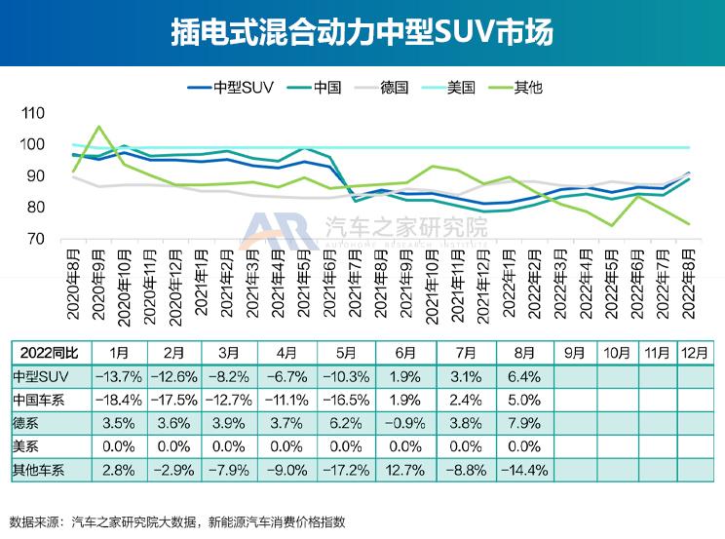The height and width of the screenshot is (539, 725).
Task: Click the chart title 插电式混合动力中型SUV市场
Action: click(x=362, y=32)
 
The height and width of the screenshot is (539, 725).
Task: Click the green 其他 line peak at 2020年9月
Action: click(x=98, y=127)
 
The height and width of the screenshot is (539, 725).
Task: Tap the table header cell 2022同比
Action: click(x=46, y=352)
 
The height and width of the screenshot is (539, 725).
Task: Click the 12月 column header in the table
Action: click(x=693, y=352)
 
